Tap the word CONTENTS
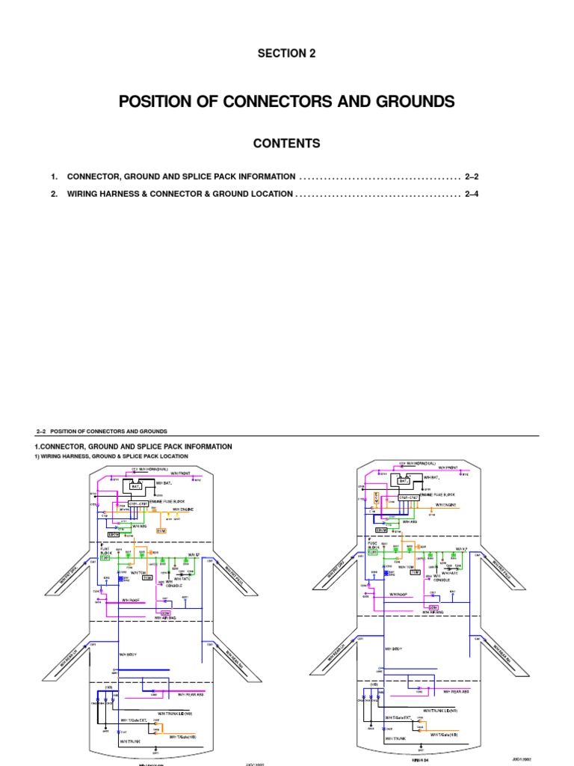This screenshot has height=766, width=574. [x=286, y=143]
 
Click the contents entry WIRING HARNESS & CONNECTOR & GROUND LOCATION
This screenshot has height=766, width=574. [x=179, y=194]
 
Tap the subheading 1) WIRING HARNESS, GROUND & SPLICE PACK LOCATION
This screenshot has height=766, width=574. [x=112, y=456]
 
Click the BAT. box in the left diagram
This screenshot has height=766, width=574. [x=136, y=487]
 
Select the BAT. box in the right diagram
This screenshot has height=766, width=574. [x=404, y=482]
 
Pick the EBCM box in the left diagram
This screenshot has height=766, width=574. [x=114, y=535]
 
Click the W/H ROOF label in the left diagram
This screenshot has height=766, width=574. [x=131, y=599]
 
